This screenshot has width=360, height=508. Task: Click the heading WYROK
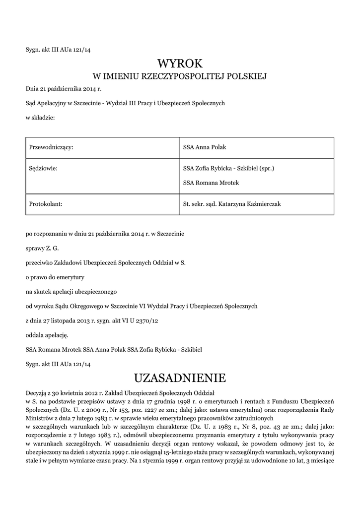point(180,63)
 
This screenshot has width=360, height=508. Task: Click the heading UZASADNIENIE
point(180,378)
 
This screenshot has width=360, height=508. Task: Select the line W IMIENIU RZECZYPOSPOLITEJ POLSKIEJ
point(180,76)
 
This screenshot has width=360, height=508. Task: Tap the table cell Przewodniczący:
point(52,147)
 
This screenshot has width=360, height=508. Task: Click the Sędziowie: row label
point(44,168)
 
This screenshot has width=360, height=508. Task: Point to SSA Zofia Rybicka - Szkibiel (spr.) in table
point(228,168)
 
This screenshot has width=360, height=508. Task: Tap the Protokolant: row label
point(46,203)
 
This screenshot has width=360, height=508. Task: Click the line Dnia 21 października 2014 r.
point(64,89)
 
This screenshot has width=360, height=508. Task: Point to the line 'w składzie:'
point(40,118)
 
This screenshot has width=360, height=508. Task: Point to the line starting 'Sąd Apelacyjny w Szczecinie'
point(125,103)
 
